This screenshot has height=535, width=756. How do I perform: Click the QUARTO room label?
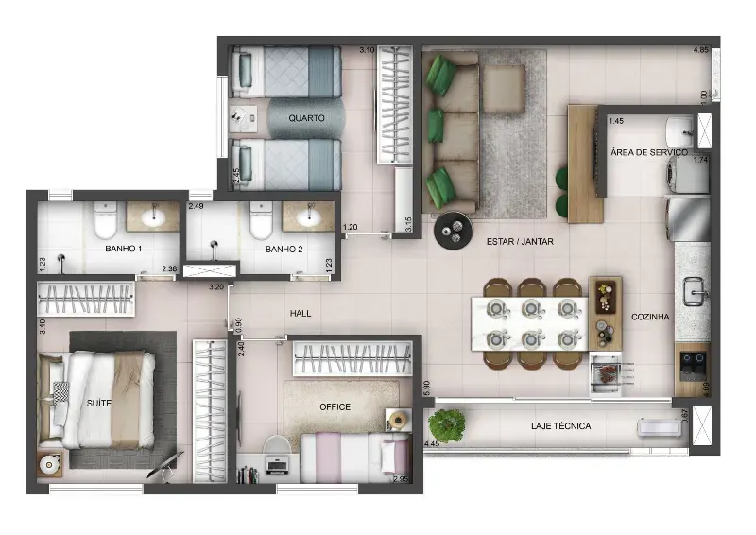[x=306, y=118]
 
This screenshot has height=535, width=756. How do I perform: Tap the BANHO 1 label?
[x=124, y=249]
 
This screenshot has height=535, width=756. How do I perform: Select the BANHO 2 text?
[x=284, y=249]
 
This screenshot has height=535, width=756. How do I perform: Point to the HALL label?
[x=301, y=314]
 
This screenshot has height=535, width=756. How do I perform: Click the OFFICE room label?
[x=335, y=407]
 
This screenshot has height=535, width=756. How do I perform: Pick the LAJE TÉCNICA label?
[x=560, y=426]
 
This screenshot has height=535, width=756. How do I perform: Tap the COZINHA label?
[x=650, y=317]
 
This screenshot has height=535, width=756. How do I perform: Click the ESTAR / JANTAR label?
[x=520, y=242]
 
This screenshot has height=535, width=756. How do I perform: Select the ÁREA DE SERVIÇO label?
[x=649, y=152]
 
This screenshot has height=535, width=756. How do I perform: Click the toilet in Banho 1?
[x=105, y=220]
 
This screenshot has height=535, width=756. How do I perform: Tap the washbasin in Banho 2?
[x=309, y=217]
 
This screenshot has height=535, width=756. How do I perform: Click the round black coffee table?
[x=454, y=230]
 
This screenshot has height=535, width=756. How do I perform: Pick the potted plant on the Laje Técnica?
[x=446, y=425]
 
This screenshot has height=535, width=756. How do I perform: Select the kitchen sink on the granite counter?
[x=696, y=292]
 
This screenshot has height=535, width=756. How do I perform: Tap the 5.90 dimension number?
[x=426, y=388]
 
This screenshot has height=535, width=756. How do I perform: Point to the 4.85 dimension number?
[x=701, y=50]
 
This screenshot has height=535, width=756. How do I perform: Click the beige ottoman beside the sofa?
[x=504, y=89]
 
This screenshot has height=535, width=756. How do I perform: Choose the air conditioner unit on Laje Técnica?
[x=659, y=427]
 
